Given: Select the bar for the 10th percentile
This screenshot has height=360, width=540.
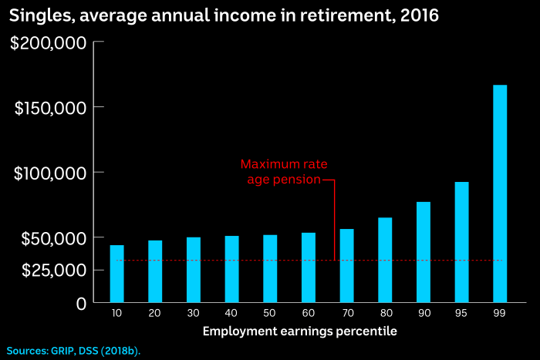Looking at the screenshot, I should [116, 274].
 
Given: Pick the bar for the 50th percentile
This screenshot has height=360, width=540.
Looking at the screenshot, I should [270, 268].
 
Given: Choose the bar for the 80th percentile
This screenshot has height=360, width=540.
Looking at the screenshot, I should [385, 260].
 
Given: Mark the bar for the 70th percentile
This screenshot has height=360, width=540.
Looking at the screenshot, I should [346, 265].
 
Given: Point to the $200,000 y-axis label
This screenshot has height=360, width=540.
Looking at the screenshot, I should [48, 42].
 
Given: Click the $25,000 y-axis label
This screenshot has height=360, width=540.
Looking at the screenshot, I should [53, 270].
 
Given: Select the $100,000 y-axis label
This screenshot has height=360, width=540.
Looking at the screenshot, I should [49, 173].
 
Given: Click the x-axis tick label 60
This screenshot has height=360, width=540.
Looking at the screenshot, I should [308, 315].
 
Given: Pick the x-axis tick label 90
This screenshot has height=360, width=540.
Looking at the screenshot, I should [423, 315].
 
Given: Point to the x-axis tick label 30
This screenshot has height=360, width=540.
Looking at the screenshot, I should [193, 315].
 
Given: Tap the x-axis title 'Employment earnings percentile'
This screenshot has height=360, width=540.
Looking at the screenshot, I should [300, 331].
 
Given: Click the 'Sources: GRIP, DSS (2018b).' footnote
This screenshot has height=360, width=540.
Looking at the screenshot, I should [74, 350].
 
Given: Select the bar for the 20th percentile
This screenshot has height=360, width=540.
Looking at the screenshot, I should [155, 271].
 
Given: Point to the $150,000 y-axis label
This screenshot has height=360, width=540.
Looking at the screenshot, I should [49, 108].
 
